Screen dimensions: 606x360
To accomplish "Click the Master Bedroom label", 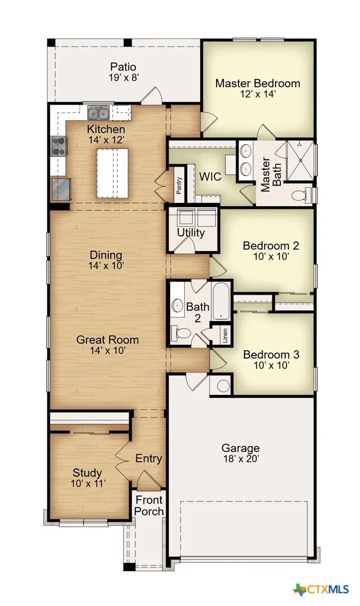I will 258,83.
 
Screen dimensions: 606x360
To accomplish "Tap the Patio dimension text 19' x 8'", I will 123,77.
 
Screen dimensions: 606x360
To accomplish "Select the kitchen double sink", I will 99,112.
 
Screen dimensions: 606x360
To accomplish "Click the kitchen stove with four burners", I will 58,146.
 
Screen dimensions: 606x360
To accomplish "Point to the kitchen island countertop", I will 111,173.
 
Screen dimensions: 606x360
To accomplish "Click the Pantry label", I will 179,185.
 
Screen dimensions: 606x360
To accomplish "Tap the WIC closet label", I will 210,176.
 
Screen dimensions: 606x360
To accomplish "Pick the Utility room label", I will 191,232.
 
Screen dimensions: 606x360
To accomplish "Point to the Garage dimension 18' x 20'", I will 240,458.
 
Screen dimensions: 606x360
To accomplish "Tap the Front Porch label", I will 149,505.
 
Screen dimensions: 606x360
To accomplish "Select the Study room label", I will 87,473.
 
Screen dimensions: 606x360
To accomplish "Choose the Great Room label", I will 108,340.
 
